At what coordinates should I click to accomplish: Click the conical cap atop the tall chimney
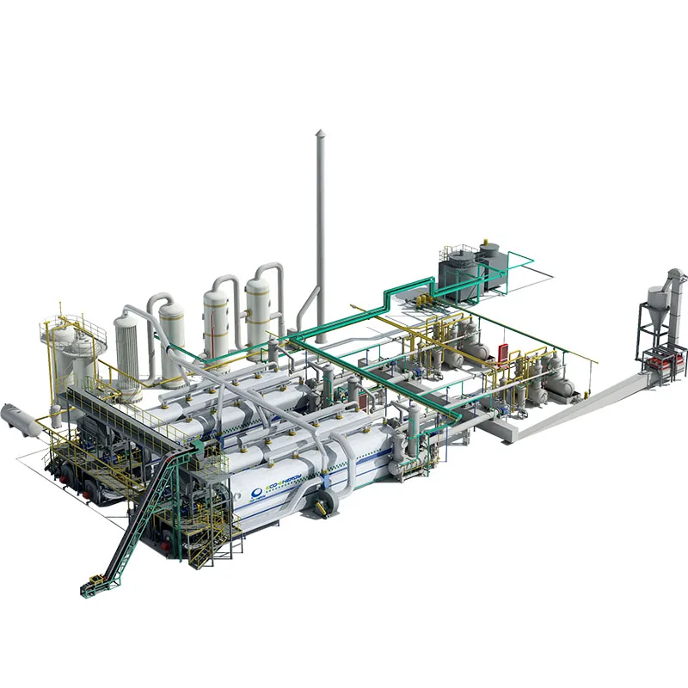(x=320, y=133)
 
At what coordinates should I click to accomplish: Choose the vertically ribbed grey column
(x=127, y=353)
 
